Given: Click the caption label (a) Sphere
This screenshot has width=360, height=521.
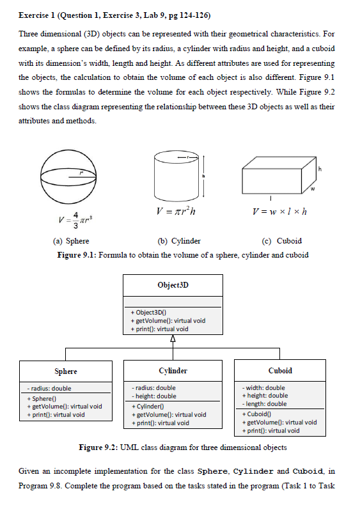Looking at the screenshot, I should click(x=70, y=241).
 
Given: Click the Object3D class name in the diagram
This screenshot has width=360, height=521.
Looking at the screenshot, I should click(x=173, y=284).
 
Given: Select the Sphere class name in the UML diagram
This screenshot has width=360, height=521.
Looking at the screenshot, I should click(x=66, y=371).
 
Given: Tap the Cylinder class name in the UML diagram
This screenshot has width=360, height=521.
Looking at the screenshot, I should click(x=173, y=371).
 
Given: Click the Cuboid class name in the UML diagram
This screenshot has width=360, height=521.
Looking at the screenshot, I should click(x=280, y=371).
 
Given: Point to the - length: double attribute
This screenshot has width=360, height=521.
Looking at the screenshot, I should click(x=265, y=404).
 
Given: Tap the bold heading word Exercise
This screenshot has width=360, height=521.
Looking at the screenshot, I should click(x=35, y=15).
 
